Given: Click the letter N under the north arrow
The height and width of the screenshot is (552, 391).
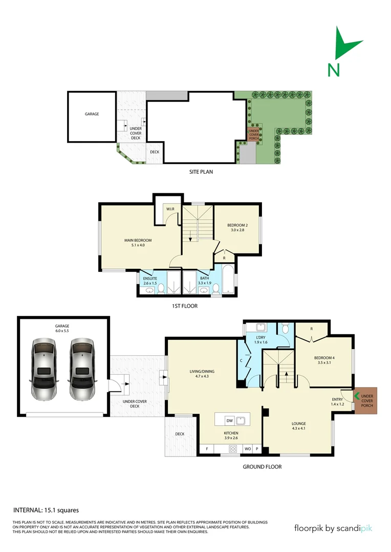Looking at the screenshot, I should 334,70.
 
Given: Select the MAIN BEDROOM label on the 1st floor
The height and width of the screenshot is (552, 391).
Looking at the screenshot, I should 138,240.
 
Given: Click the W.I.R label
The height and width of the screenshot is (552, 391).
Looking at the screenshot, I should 169,209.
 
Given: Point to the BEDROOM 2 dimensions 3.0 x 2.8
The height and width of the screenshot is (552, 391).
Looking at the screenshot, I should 237,231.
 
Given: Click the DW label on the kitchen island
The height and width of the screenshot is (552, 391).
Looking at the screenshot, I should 230,421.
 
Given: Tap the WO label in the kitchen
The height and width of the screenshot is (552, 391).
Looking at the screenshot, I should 247,449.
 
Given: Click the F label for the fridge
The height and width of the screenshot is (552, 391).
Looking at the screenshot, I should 207,449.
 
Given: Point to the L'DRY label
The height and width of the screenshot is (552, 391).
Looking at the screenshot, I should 262,338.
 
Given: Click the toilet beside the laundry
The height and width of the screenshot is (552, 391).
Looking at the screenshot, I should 285,328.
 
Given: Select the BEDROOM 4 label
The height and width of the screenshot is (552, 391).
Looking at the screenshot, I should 324,358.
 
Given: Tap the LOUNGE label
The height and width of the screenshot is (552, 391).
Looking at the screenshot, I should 298,424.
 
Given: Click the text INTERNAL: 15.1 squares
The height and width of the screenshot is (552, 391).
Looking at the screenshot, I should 46,510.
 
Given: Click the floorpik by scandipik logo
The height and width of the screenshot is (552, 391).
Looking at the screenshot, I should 333,528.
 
